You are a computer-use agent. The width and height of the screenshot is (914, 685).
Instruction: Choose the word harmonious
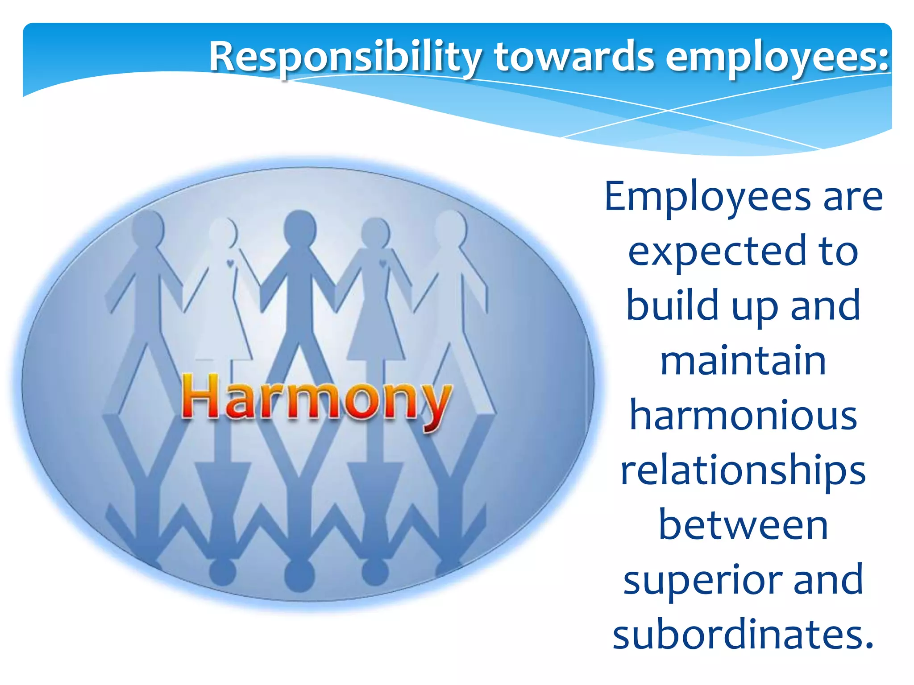pos(743,415)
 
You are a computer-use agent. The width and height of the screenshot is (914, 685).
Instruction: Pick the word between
pos(743,525)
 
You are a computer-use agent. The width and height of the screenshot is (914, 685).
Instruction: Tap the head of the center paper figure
pos(300,227)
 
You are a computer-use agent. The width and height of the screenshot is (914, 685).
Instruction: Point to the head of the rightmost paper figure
pos(450,227)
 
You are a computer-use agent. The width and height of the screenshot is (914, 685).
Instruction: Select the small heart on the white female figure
pos(230,263)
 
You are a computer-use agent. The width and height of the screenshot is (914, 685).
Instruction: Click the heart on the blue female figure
pos(382,263)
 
